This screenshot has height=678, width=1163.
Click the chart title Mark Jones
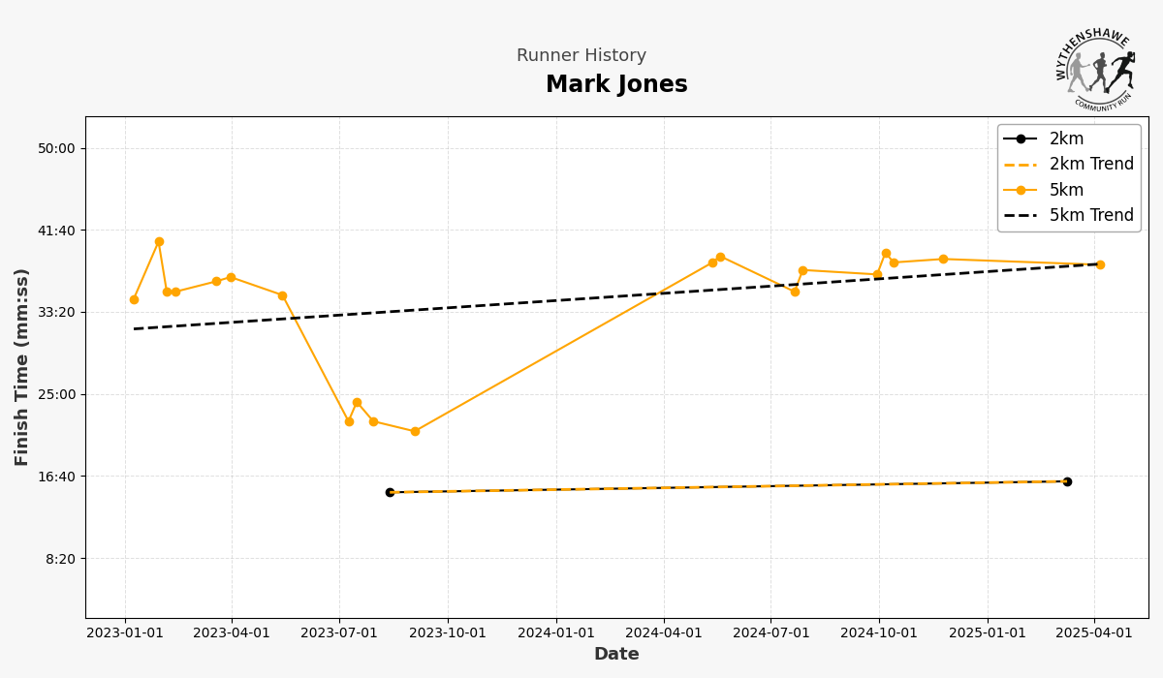[616, 85]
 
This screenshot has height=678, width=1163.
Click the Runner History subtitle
[581, 56]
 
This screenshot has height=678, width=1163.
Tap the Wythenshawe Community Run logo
[1096, 67]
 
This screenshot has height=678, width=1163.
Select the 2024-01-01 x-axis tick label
[556, 633]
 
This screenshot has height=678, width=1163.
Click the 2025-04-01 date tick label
[1095, 633]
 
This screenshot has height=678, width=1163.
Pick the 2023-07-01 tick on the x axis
[339, 633]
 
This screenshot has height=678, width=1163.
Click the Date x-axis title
[616, 655]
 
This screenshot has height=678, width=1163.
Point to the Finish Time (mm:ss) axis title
[22, 367]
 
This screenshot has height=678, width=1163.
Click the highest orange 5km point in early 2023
[159, 242]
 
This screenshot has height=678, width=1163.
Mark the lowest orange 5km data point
[415, 432]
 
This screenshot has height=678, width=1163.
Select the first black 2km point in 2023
[390, 492]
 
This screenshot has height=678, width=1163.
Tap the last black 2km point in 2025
[1067, 481]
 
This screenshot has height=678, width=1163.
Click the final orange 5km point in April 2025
[1100, 264]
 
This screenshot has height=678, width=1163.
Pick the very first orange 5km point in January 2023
[134, 300]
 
